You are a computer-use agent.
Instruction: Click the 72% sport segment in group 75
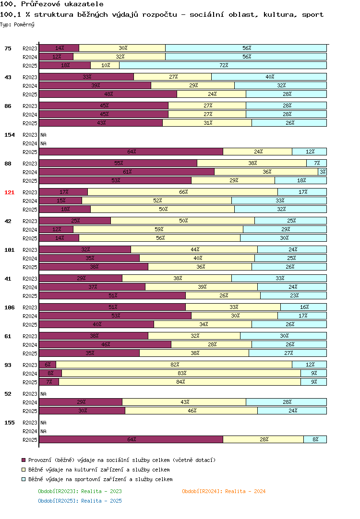click(223, 65)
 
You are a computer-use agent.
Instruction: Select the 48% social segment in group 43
click(108, 94)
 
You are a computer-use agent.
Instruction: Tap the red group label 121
click(9, 192)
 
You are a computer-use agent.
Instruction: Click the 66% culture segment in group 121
click(183, 192)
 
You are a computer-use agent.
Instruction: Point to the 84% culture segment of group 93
click(180, 382)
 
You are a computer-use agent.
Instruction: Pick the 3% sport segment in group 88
click(322, 172)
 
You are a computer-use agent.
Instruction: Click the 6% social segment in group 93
click(48, 365)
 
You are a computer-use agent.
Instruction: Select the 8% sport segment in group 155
click(315, 439)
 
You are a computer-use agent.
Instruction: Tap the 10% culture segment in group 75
click(105, 65)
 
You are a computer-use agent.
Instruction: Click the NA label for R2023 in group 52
click(43, 394)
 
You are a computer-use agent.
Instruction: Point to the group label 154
click(9, 135)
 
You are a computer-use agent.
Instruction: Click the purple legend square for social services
click(24, 460)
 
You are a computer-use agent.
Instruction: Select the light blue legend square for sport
click(24, 479)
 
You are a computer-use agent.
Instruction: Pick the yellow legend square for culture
click(24, 470)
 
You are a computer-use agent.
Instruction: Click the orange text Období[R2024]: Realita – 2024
click(224, 491)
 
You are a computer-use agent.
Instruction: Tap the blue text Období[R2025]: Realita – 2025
click(80, 501)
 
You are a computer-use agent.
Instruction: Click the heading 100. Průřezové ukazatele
click(52, 4)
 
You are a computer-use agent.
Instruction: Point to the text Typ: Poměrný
click(17, 24)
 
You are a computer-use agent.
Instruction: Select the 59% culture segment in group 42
click(158, 229)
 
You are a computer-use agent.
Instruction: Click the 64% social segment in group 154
click(131, 152)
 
